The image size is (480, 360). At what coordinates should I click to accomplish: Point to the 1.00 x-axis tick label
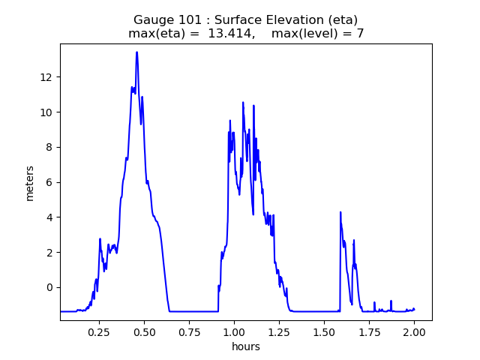[x=234, y=331]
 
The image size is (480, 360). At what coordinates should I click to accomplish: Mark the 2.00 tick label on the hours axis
[x=414, y=331]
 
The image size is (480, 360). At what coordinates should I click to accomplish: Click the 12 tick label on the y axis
[x=46, y=77]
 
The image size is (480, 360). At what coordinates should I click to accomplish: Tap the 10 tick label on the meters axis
[x=46, y=112]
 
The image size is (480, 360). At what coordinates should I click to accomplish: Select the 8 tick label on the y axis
[x=49, y=148]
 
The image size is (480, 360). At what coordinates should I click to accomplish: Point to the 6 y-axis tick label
[x=49, y=182]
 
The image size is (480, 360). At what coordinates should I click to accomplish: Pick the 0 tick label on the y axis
[x=49, y=288]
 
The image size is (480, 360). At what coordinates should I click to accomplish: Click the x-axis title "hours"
[x=246, y=346]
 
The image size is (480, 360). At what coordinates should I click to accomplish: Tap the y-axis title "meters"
[x=30, y=182]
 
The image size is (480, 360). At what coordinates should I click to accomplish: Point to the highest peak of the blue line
[x=136, y=52]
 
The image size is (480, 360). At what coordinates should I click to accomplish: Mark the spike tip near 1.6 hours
[x=340, y=212]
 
